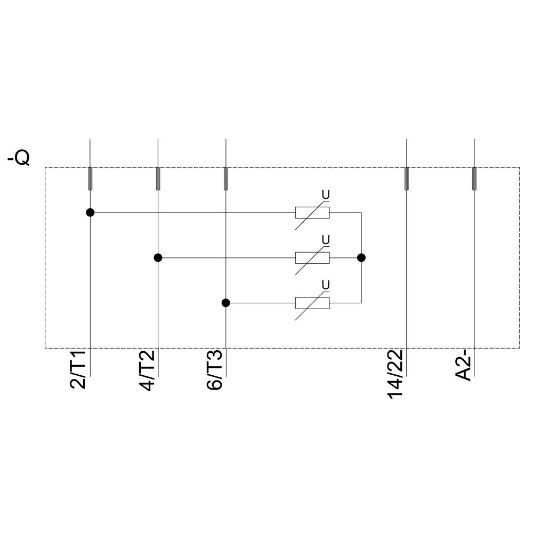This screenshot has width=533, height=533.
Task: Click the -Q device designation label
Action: point(19,158)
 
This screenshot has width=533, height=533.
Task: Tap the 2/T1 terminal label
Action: point(79,370)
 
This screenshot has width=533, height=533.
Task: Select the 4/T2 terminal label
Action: point(148,370)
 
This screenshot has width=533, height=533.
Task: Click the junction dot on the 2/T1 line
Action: point(90,213)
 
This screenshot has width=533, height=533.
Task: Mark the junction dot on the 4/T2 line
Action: point(158,257)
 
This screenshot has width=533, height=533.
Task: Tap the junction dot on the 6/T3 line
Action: point(225,303)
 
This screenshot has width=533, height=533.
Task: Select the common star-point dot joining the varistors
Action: point(361,257)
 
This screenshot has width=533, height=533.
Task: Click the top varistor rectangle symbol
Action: point(312,213)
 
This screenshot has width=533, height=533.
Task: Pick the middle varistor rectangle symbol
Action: point(312,258)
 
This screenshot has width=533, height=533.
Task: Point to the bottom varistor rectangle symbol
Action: point(312,303)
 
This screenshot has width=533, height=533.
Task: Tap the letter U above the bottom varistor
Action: point(326,285)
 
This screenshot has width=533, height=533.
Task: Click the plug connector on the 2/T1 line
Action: point(90,179)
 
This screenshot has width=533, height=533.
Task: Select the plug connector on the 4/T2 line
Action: point(158,179)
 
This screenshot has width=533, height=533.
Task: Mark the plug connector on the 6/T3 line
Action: point(225,179)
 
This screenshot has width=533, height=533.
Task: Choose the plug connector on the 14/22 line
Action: point(407,179)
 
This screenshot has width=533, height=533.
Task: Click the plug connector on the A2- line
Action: point(474,179)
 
